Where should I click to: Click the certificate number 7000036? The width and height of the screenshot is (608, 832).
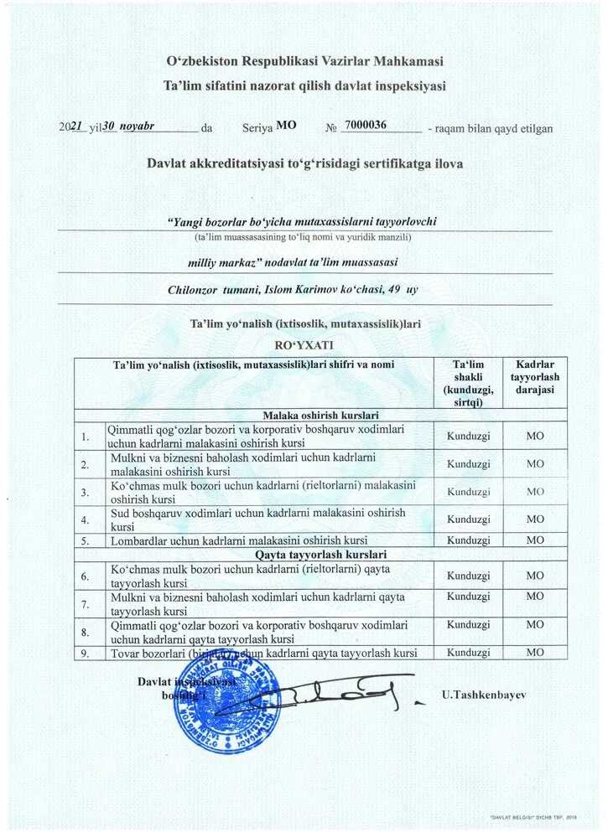click(x=366, y=126)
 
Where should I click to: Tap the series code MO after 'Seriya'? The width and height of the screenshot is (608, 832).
click(x=286, y=126)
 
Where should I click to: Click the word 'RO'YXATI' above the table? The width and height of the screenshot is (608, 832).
click(x=304, y=344)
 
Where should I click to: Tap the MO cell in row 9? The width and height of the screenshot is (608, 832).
click(x=534, y=653)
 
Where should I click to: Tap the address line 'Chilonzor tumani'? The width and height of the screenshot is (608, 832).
click(x=292, y=291)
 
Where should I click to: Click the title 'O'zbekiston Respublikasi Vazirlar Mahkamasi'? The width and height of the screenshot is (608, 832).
click(x=304, y=61)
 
